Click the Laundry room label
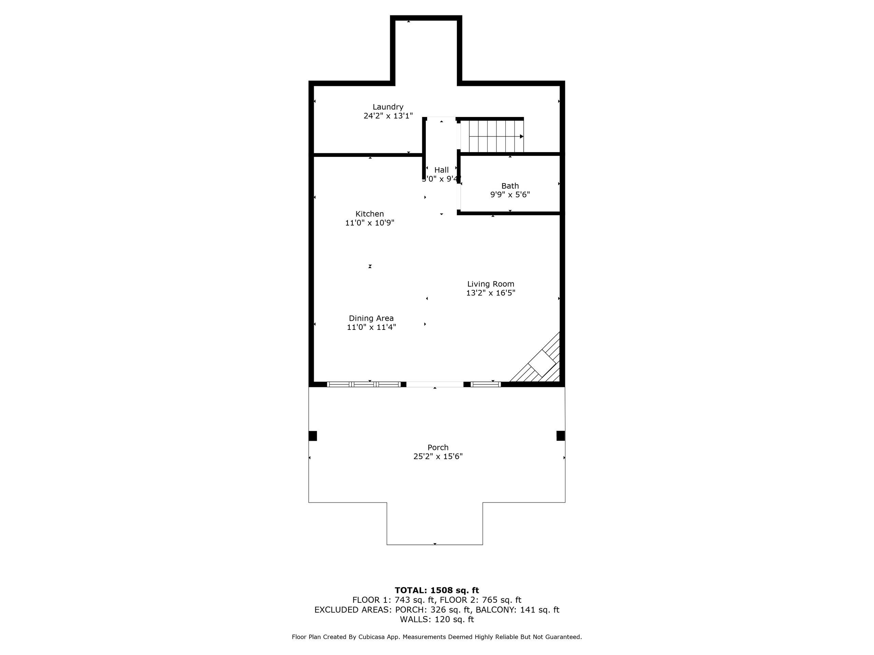pos(388,107)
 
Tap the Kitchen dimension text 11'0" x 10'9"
pos(370,223)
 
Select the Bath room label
pos(510,186)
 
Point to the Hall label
pos(441,170)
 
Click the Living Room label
pos(491,284)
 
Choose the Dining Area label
pos(371,318)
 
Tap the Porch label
pos(438,447)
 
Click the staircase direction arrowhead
pos(522,136)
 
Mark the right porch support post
pos(561,436)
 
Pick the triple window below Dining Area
pos(364,384)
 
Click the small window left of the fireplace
pos(485,384)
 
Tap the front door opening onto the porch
pos(435,384)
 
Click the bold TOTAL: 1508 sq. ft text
pos(437,590)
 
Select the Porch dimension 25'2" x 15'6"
pos(438,456)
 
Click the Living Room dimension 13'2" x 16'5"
pos(491,293)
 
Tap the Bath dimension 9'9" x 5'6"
pos(510,195)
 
